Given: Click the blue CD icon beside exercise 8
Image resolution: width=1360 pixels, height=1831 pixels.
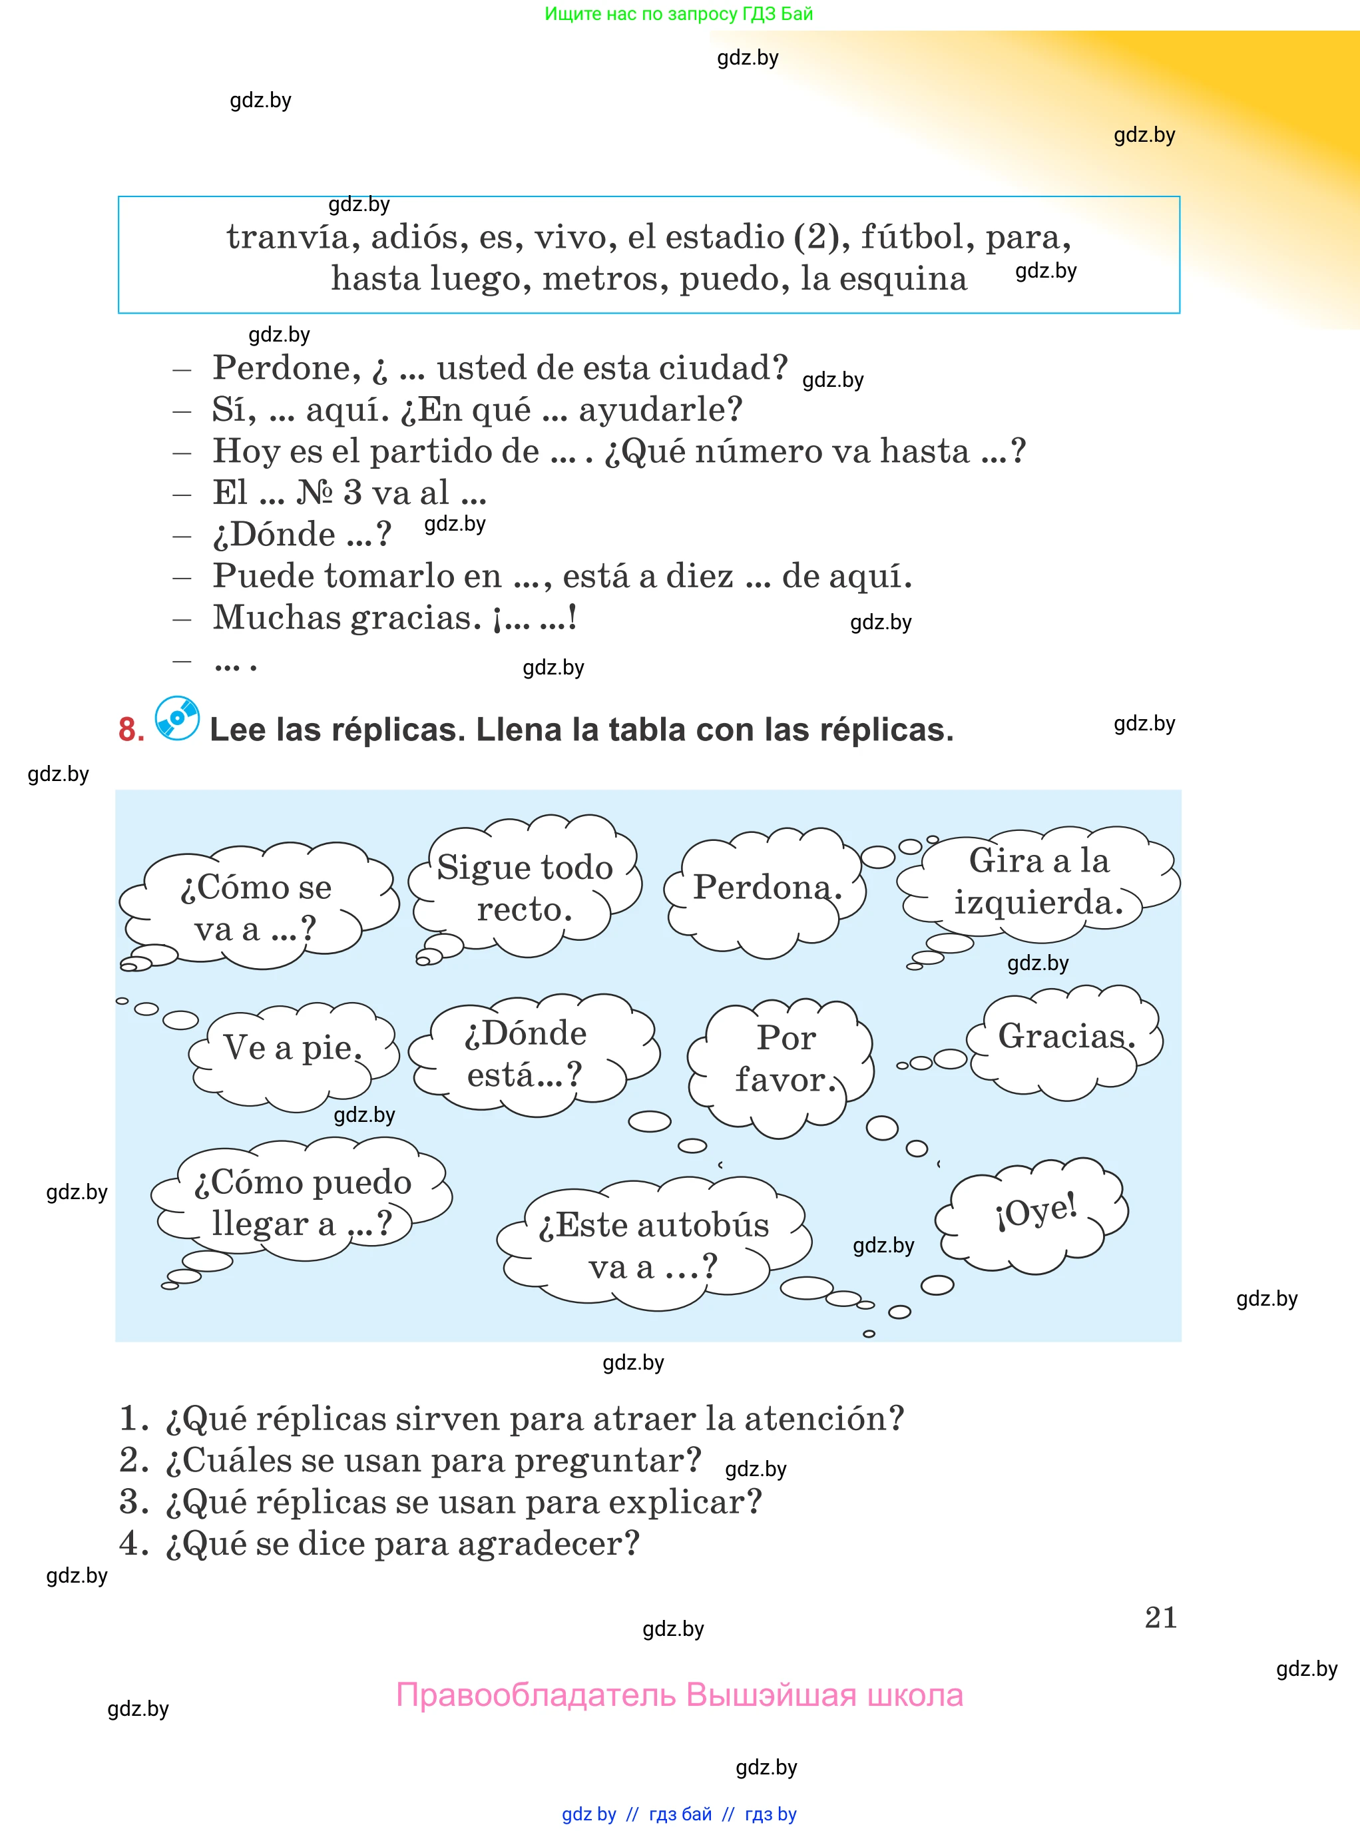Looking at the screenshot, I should (177, 718).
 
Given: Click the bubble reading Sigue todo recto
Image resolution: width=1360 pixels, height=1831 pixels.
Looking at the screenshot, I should (525, 888).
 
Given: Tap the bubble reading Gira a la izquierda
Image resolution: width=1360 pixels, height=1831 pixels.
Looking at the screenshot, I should (1038, 882).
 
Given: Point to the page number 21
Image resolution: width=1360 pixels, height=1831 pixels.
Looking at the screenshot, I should (1160, 1617).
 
